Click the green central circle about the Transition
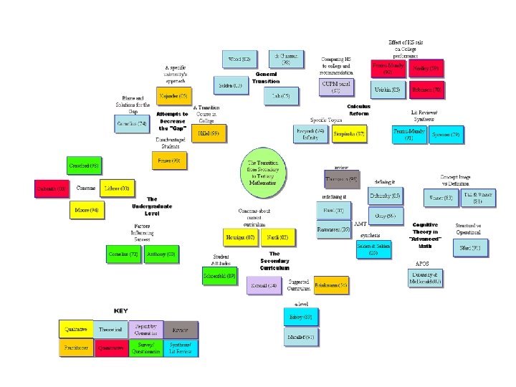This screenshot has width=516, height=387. pyautogui.click(x=263, y=173)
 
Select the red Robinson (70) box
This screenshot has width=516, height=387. pyautogui.click(x=426, y=91)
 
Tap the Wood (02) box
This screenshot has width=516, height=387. pyautogui.click(x=239, y=59)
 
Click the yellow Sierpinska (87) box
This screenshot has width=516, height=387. pyautogui.click(x=350, y=133)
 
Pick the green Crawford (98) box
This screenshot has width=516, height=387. pyautogui.click(x=85, y=166)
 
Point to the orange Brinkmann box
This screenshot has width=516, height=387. pyautogui.click(x=331, y=285)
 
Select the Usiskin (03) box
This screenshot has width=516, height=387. pyautogui.click(x=388, y=90)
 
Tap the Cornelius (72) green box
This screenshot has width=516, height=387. pyautogui.click(x=123, y=254)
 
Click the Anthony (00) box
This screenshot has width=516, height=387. pyautogui.click(x=161, y=254)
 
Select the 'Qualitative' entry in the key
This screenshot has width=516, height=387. pyautogui.click(x=75, y=329)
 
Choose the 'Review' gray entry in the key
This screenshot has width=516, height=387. pyautogui.click(x=181, y=329)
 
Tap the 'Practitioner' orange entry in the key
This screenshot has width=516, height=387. pyautogui.click(x=75, y=348)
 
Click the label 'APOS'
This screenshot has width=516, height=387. pyautogui.click(x=423, y=263)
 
